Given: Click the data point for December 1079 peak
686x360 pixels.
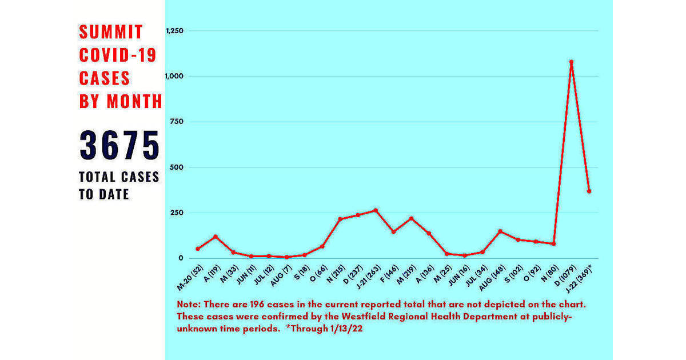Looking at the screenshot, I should tap(571, 62).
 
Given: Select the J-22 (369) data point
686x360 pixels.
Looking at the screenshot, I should tap(589, 191).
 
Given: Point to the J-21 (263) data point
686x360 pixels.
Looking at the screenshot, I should tap(376, 210).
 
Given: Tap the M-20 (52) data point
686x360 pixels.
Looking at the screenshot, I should tap(198, 249).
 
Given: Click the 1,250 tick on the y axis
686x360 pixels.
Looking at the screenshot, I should tap(174, 30).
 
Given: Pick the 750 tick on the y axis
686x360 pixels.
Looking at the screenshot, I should tap(177, 122).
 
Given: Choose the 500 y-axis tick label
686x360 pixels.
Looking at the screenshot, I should tap(177, 167).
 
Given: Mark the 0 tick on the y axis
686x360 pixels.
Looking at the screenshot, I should tap(181, 258).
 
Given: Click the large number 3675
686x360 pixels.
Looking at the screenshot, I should tap(119, 145).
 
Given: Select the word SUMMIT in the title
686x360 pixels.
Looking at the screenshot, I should tap(111, 32).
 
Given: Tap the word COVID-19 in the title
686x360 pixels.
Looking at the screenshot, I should tap(118, 55).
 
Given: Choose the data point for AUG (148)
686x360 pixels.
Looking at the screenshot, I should tap(500, 231).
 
